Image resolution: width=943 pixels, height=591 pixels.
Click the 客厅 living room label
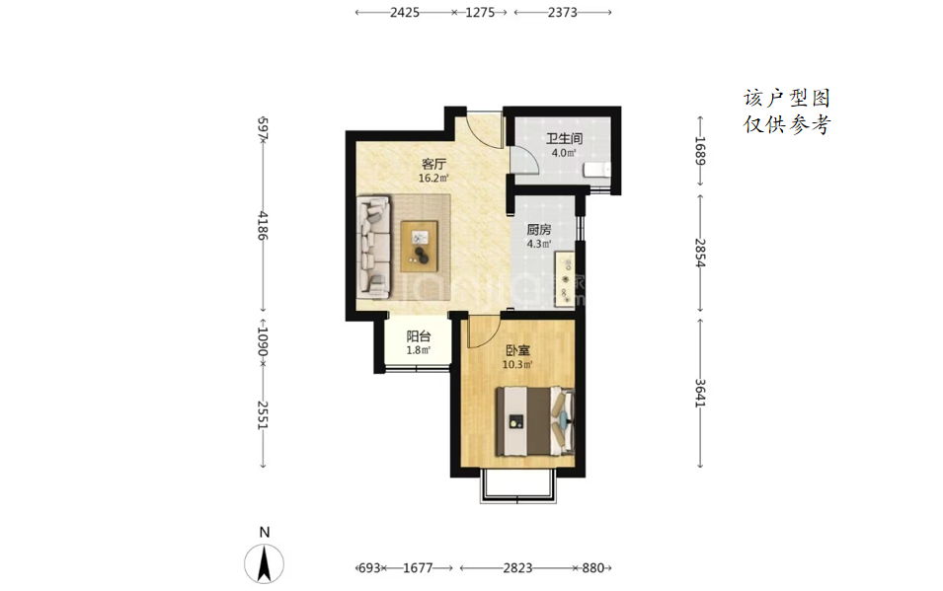point(433,164)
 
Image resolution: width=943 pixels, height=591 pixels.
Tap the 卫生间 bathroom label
point(564,139)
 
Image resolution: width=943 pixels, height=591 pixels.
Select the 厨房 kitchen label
point(539,230)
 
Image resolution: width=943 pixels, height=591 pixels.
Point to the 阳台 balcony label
point(418,336)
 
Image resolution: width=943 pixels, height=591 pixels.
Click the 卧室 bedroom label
point(517,350)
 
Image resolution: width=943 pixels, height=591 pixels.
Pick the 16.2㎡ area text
point(433,178)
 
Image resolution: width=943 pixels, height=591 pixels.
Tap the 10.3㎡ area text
point(517,364)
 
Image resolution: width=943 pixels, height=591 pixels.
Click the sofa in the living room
point(374,247)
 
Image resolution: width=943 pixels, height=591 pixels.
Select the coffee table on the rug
point(420,246)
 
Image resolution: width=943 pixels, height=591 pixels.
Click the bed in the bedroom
point(534,421)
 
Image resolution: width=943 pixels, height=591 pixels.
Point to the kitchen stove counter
point(566,279)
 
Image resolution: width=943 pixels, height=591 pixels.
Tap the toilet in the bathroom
point(596,170)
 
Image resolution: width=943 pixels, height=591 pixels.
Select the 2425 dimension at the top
point(404,12)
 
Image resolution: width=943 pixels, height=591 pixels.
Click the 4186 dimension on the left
point(263,226)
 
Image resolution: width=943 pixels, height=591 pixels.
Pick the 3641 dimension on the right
point(699,394)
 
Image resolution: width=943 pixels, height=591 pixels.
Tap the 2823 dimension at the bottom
point(517,567)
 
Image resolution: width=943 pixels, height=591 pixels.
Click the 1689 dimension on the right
point(699,151)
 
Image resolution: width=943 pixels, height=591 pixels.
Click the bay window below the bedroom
point(516,488)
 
